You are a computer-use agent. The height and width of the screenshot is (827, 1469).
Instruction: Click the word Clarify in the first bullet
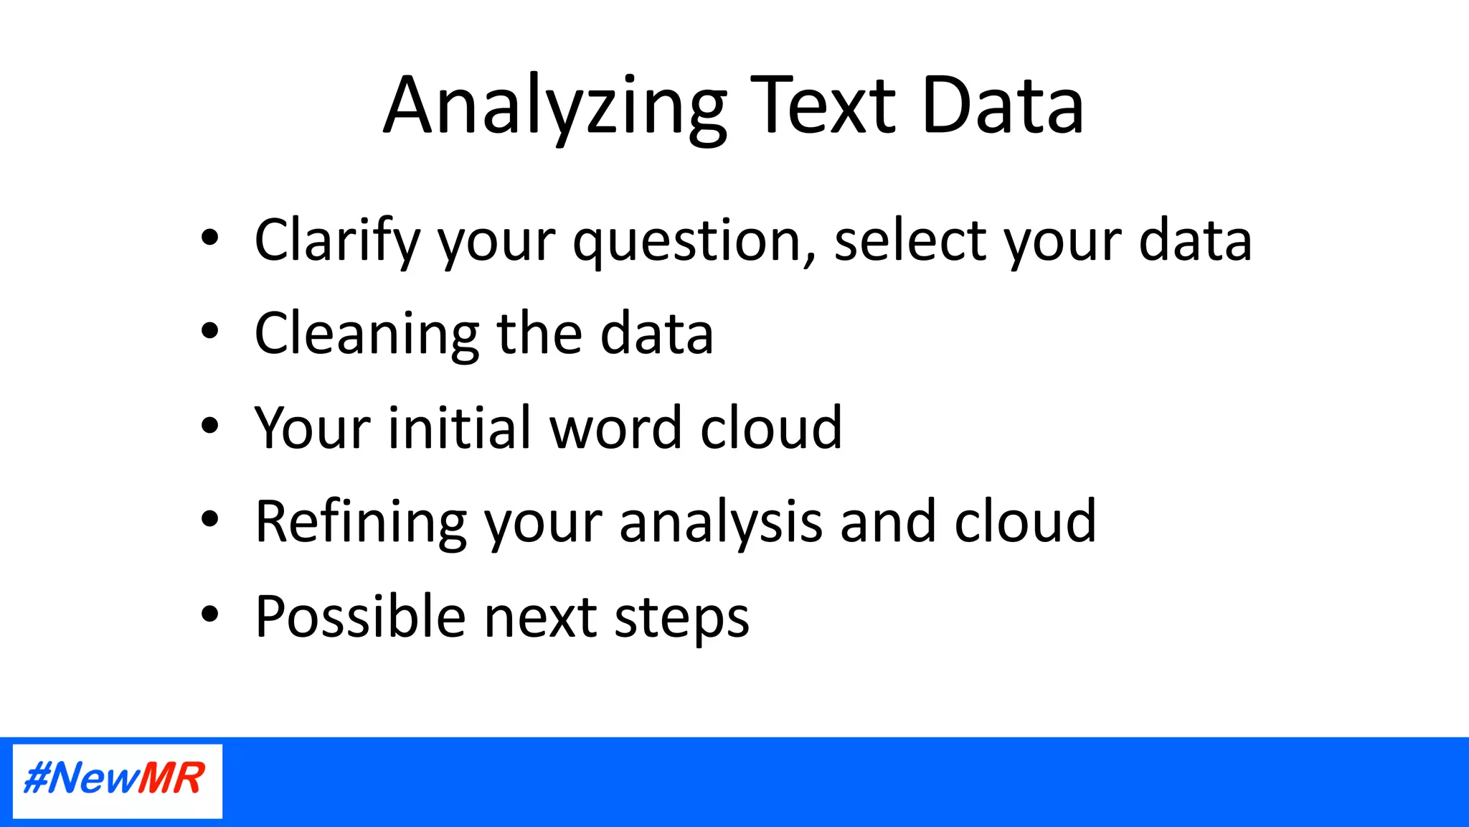(336, 240)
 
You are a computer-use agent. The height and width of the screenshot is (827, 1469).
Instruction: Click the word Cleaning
(367, 334)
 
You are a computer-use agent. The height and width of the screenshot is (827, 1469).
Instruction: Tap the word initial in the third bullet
(459, 428)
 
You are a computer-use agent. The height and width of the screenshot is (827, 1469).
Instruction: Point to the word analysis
(720, 522)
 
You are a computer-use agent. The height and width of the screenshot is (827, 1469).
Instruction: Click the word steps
(681, 618)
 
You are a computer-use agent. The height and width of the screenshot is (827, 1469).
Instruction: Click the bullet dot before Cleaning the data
(209, 332)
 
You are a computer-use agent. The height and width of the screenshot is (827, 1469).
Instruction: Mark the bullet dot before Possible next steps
(209, 614)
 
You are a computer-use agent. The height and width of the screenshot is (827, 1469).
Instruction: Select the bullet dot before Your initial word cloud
(209, 426)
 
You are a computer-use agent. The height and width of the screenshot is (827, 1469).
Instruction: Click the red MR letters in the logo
(171, 778)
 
